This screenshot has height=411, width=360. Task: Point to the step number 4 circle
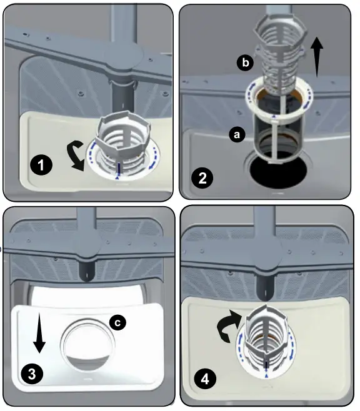click(203, 379)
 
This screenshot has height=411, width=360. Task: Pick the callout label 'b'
click(244, 62)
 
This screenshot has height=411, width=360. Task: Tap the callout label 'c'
click(116, 322)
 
